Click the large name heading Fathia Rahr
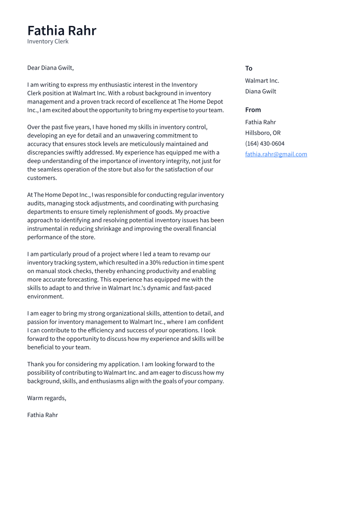coord(62,31)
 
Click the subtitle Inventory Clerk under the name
coord(48,41)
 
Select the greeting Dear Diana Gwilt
coord(50,68)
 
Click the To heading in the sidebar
coord(248,68)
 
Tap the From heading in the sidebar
coord(253,110)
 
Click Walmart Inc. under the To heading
coord(262,81)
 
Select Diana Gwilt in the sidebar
coord(260,91)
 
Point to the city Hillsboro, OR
coord(263,133)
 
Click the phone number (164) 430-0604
coord(264,143)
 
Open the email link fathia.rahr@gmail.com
coord(276,154)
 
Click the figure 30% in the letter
coord(155,263)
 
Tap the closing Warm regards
coord(46,398)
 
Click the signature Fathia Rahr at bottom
coord(42,415)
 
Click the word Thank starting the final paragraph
coord(35,364)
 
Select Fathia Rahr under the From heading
coord(260,122)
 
